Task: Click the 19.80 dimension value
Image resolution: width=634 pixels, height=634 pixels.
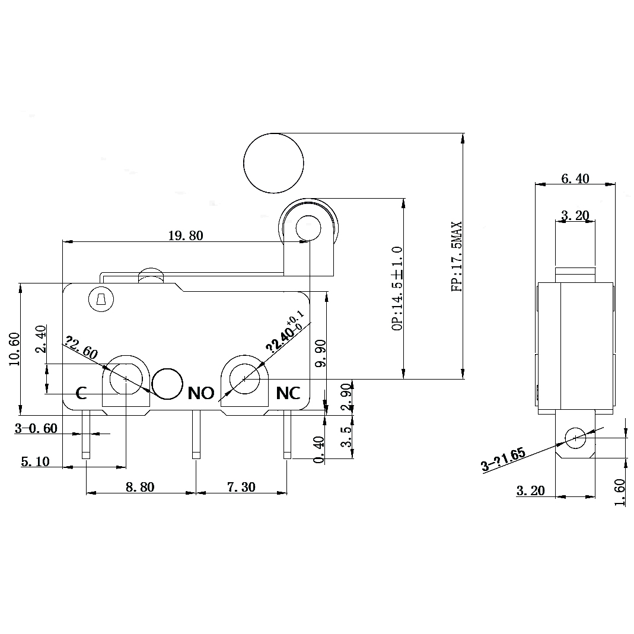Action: [x=185, y=236]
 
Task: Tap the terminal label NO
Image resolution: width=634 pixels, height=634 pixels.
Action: [x=200, y=393]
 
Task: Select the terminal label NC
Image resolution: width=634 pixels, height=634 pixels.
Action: [x=289, y=393]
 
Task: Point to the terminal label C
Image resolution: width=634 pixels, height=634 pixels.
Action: [x=82, y=393]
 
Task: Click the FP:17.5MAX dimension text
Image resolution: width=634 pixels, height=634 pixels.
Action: [x=457, y=257]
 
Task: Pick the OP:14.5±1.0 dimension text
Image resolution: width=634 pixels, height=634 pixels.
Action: [x=397, y=288]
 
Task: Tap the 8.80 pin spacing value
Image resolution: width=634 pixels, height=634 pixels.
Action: [x=140, y=487]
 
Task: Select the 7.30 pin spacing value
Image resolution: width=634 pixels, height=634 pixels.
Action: [x=241, y=487]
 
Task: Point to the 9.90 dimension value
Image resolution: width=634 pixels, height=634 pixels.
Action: [x=320, y=353]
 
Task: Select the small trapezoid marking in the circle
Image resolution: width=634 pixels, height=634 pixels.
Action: [x=100, y=301]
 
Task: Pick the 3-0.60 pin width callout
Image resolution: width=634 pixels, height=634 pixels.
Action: [x=36, y=428]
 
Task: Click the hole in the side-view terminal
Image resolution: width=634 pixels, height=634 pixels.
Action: [x=575, y=439]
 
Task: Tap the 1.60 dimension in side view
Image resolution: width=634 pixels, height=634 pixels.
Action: [x=620, y=492]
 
